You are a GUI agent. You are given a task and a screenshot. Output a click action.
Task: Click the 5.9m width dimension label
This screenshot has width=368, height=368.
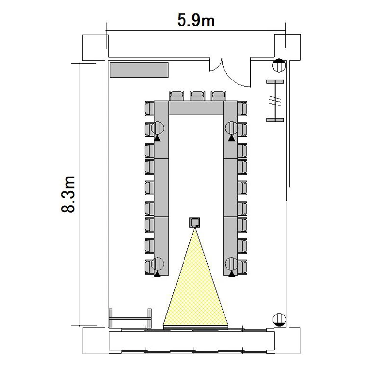196,20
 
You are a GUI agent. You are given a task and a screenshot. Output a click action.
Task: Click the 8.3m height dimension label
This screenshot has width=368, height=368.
68,194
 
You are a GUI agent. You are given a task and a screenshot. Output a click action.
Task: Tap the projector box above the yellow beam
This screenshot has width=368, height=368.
195,222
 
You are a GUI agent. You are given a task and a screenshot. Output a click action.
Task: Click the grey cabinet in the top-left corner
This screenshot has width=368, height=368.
139,70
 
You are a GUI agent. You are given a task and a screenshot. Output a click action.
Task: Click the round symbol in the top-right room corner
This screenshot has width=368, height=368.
279,65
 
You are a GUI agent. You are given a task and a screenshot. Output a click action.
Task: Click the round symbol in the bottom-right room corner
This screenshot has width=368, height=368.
279,319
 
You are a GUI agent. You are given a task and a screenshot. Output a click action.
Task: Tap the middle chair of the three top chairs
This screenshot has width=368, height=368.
197,96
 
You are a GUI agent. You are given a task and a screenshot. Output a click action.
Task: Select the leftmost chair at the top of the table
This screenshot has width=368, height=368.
177,96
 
